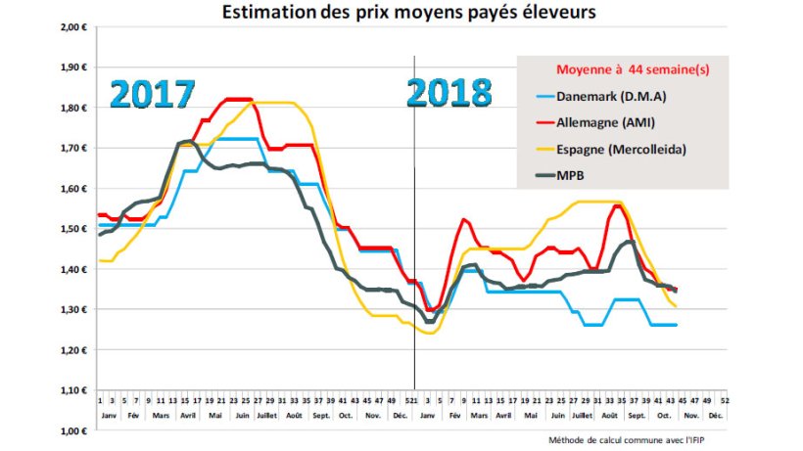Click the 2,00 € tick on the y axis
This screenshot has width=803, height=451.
click(75, 27)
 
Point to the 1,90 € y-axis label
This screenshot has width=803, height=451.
click(75, 68)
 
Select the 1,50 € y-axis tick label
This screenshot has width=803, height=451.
click(75, 229)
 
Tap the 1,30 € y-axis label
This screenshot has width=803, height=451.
click(75, 310)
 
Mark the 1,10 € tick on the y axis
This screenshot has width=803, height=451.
click(75, 390)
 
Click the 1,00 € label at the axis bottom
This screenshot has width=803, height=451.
click(75, 430)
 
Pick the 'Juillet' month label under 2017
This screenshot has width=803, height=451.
click(267, 415)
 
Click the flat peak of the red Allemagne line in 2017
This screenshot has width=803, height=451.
click(238, 99)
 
